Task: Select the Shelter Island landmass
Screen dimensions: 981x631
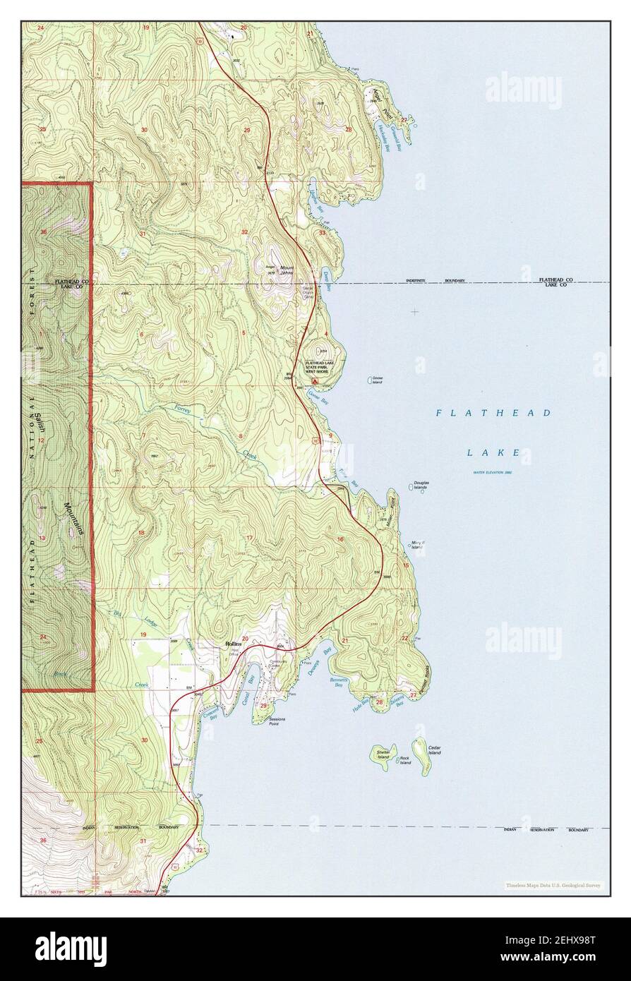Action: (x=383, y=753)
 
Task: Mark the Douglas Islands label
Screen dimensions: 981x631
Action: (x=421, y=486)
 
